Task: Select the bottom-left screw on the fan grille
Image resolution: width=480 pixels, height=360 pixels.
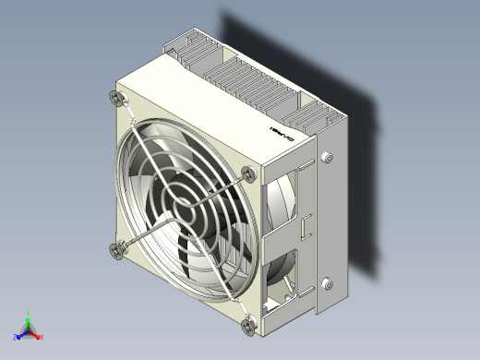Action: click(116, 248)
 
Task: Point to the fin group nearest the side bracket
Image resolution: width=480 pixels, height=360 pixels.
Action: click(318, 116)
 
